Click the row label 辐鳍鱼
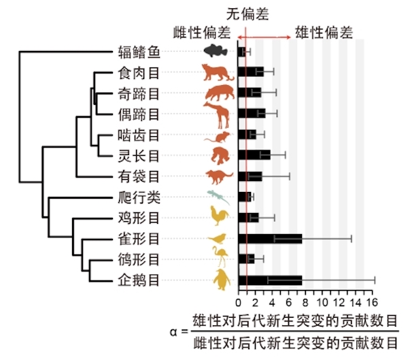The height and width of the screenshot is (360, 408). click(x=139, y=52)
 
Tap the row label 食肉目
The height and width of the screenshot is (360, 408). click(x=139, y=72)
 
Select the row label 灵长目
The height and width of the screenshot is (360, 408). click(x=139, y=155)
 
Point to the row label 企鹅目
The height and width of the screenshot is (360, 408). click(x=139, y=279)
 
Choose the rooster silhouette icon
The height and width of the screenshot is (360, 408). click(x=218, y=217)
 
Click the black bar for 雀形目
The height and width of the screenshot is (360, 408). click(x=269, y=238)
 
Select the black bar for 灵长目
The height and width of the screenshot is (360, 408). click(x=254, y=155)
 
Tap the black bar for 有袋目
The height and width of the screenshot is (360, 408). click(x=250, y=176)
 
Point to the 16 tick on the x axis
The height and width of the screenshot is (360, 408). click(x=371, y=302)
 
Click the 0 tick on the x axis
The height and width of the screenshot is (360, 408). click(x=239, y=302)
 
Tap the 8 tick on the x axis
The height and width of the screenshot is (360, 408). click(x=305, y=302)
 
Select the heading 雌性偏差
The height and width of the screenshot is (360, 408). click(x=203, y=31)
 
